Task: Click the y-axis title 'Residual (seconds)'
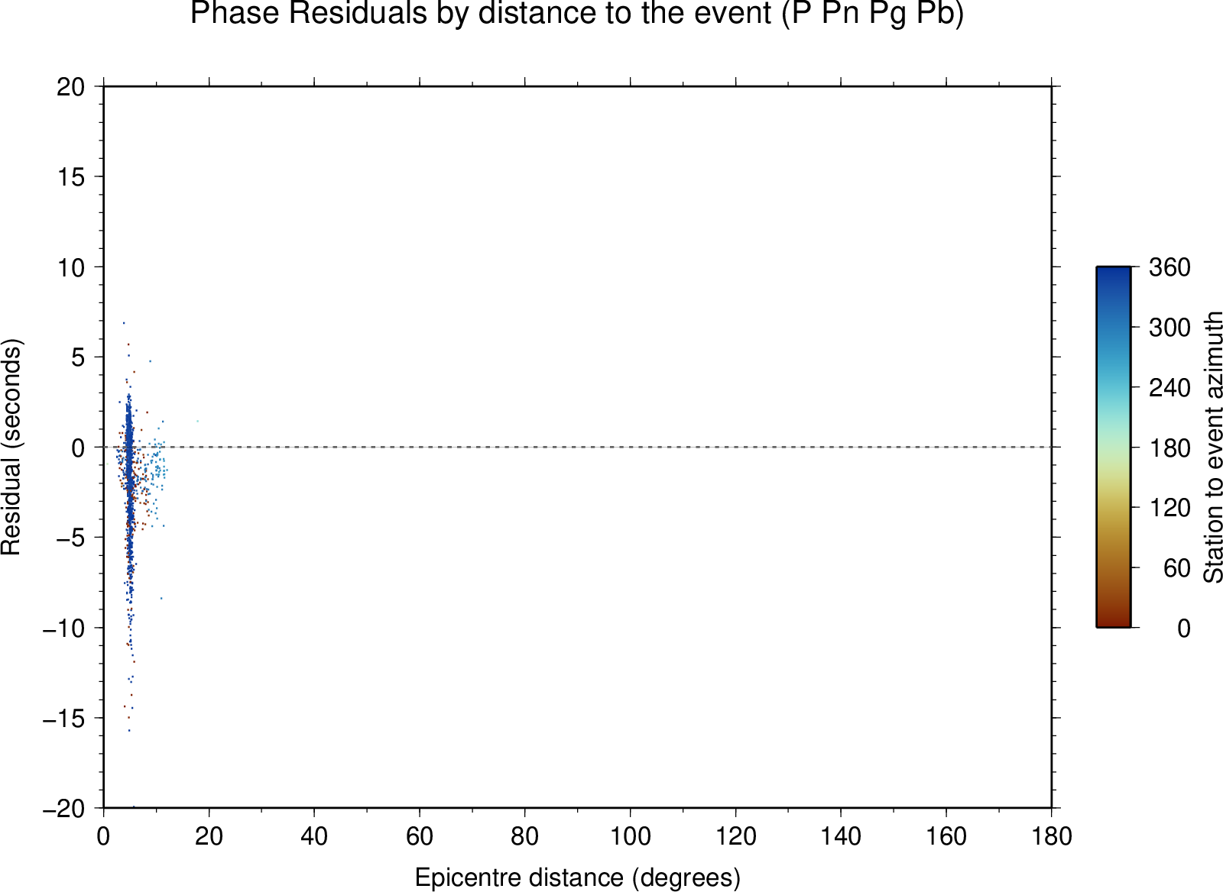[11, 448]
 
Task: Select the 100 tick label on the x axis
[630, 836]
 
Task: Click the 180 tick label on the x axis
[1052, 836]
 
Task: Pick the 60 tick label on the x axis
[420, 836]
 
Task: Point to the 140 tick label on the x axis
[841, 836]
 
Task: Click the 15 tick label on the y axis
[71, 176]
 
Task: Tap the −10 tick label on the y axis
[64, 629]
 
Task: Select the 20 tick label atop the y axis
[71, 87]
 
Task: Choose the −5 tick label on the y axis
[71, 538]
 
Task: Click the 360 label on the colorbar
[1169, 267]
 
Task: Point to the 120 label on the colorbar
[1169, 508]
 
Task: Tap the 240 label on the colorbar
[1169, 388]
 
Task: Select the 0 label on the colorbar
[1184, 629]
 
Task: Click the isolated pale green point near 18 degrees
[198, 421]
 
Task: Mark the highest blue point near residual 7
[124, 323]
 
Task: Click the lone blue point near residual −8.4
[161, 599]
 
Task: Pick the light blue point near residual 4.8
[150, 360]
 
